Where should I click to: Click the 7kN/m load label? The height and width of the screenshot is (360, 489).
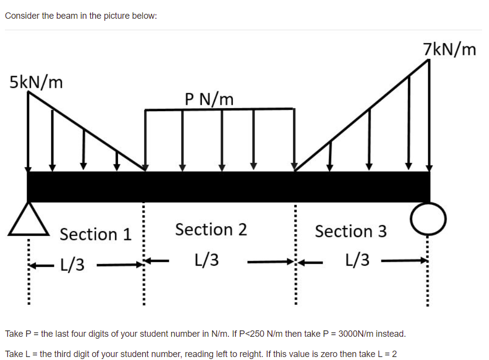click(450, 49)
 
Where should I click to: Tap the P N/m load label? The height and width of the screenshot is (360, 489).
click(209, 99)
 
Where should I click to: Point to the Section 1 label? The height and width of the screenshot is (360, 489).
click(96, 234)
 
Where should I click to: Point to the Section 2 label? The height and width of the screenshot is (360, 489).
click(211, 230)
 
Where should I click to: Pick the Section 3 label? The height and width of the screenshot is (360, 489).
click(351, 231)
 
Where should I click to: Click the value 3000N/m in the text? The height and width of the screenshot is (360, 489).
click(354, 334)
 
